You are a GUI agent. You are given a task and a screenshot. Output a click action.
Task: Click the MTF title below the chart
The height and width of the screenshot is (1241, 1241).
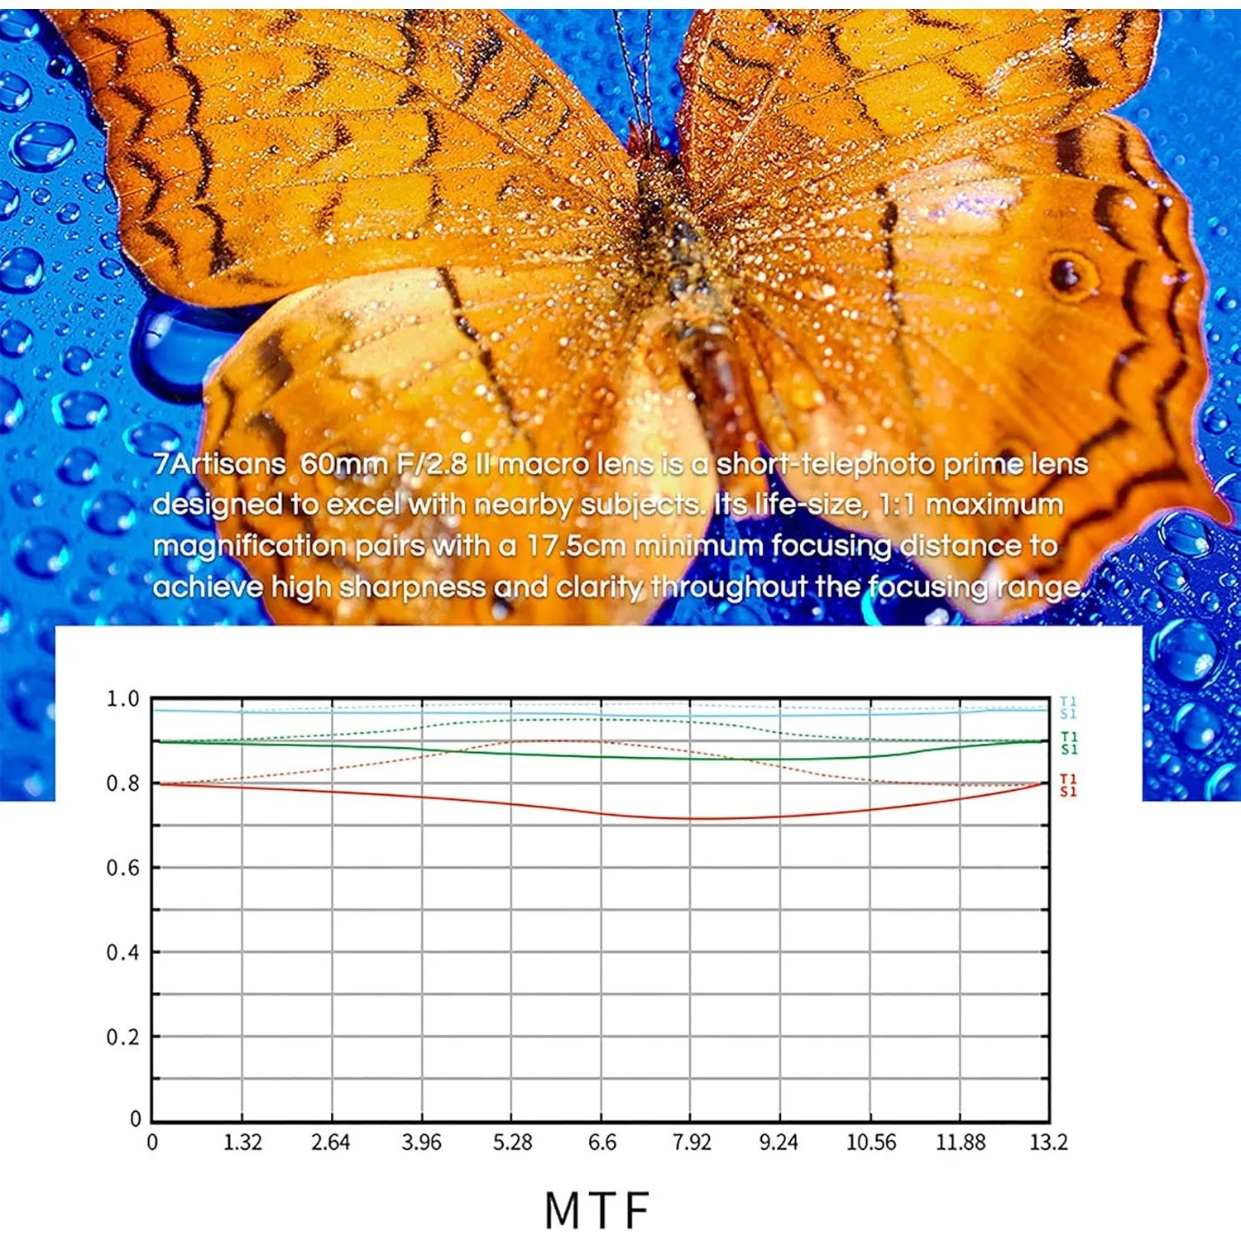pos(597,1210)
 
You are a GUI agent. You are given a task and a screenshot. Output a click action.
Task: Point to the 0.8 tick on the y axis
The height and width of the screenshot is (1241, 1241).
pos(122,783)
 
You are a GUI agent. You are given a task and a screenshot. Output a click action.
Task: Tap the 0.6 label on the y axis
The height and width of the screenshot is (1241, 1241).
pos(122,868)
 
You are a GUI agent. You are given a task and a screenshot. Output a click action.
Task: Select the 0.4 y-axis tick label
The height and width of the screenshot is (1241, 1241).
pos(122,952)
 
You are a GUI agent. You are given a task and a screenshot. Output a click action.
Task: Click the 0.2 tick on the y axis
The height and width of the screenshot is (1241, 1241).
pos(122,1037)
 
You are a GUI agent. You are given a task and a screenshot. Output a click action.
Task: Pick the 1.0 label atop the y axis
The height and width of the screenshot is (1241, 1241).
pos(122,699)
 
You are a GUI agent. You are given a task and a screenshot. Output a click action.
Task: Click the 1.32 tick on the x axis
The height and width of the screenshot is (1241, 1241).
pos(242,1143)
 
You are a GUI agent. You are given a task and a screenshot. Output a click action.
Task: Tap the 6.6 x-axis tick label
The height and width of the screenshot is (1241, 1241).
pos(602,1143)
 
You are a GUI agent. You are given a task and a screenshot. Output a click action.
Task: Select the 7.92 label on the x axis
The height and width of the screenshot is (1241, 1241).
pos(692,1143)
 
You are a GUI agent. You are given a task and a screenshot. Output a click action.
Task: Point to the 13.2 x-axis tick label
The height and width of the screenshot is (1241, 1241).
pos(1048,1143)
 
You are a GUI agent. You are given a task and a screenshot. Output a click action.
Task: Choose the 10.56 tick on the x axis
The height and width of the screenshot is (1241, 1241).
pos(871,1143)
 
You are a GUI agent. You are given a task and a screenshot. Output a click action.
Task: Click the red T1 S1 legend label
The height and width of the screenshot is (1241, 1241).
pos(1068,785)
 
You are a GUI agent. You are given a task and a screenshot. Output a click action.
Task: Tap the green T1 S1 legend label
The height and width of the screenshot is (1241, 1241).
pos(1069,743)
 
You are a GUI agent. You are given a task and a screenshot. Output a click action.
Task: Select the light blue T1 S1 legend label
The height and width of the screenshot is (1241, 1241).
pos(1068,707)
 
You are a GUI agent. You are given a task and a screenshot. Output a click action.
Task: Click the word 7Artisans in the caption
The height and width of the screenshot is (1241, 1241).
pos(219,464)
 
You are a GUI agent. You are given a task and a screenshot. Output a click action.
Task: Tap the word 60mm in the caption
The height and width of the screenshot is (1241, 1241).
pos(343,464)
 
